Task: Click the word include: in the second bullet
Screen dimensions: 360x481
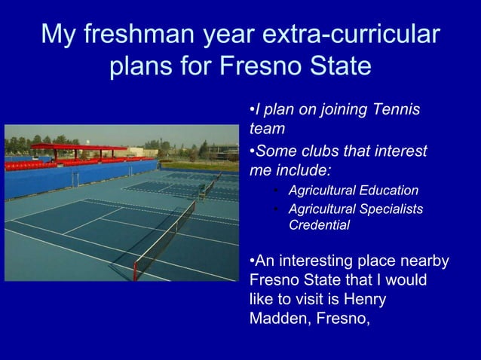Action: click(302, 169)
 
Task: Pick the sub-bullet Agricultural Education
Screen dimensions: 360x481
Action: click(353, 190)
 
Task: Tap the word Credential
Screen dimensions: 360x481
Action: click(318, 224)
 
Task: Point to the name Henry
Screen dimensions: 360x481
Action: click(362, 300)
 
